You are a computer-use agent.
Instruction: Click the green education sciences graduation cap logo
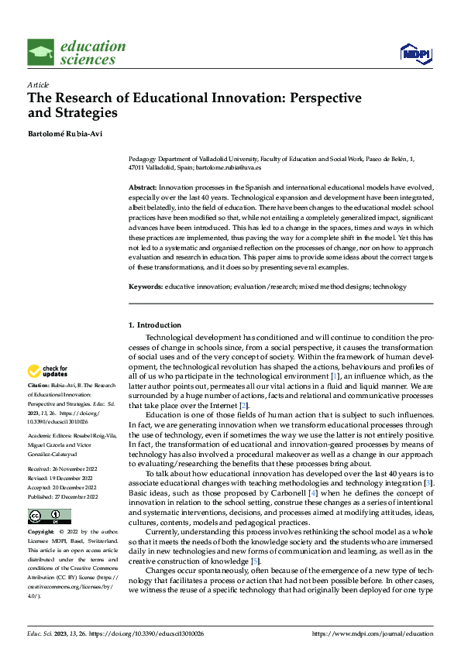tap(40, 53)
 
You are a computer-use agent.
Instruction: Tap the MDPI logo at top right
tap(415, 53)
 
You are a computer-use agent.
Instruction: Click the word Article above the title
tap(37, 84)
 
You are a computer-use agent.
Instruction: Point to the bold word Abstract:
tap(143, 188)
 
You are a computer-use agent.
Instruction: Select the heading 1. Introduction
tap(155, 325)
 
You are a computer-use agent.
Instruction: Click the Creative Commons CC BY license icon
tap(49, 516)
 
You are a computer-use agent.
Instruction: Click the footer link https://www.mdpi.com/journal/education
tap(371, 633)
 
